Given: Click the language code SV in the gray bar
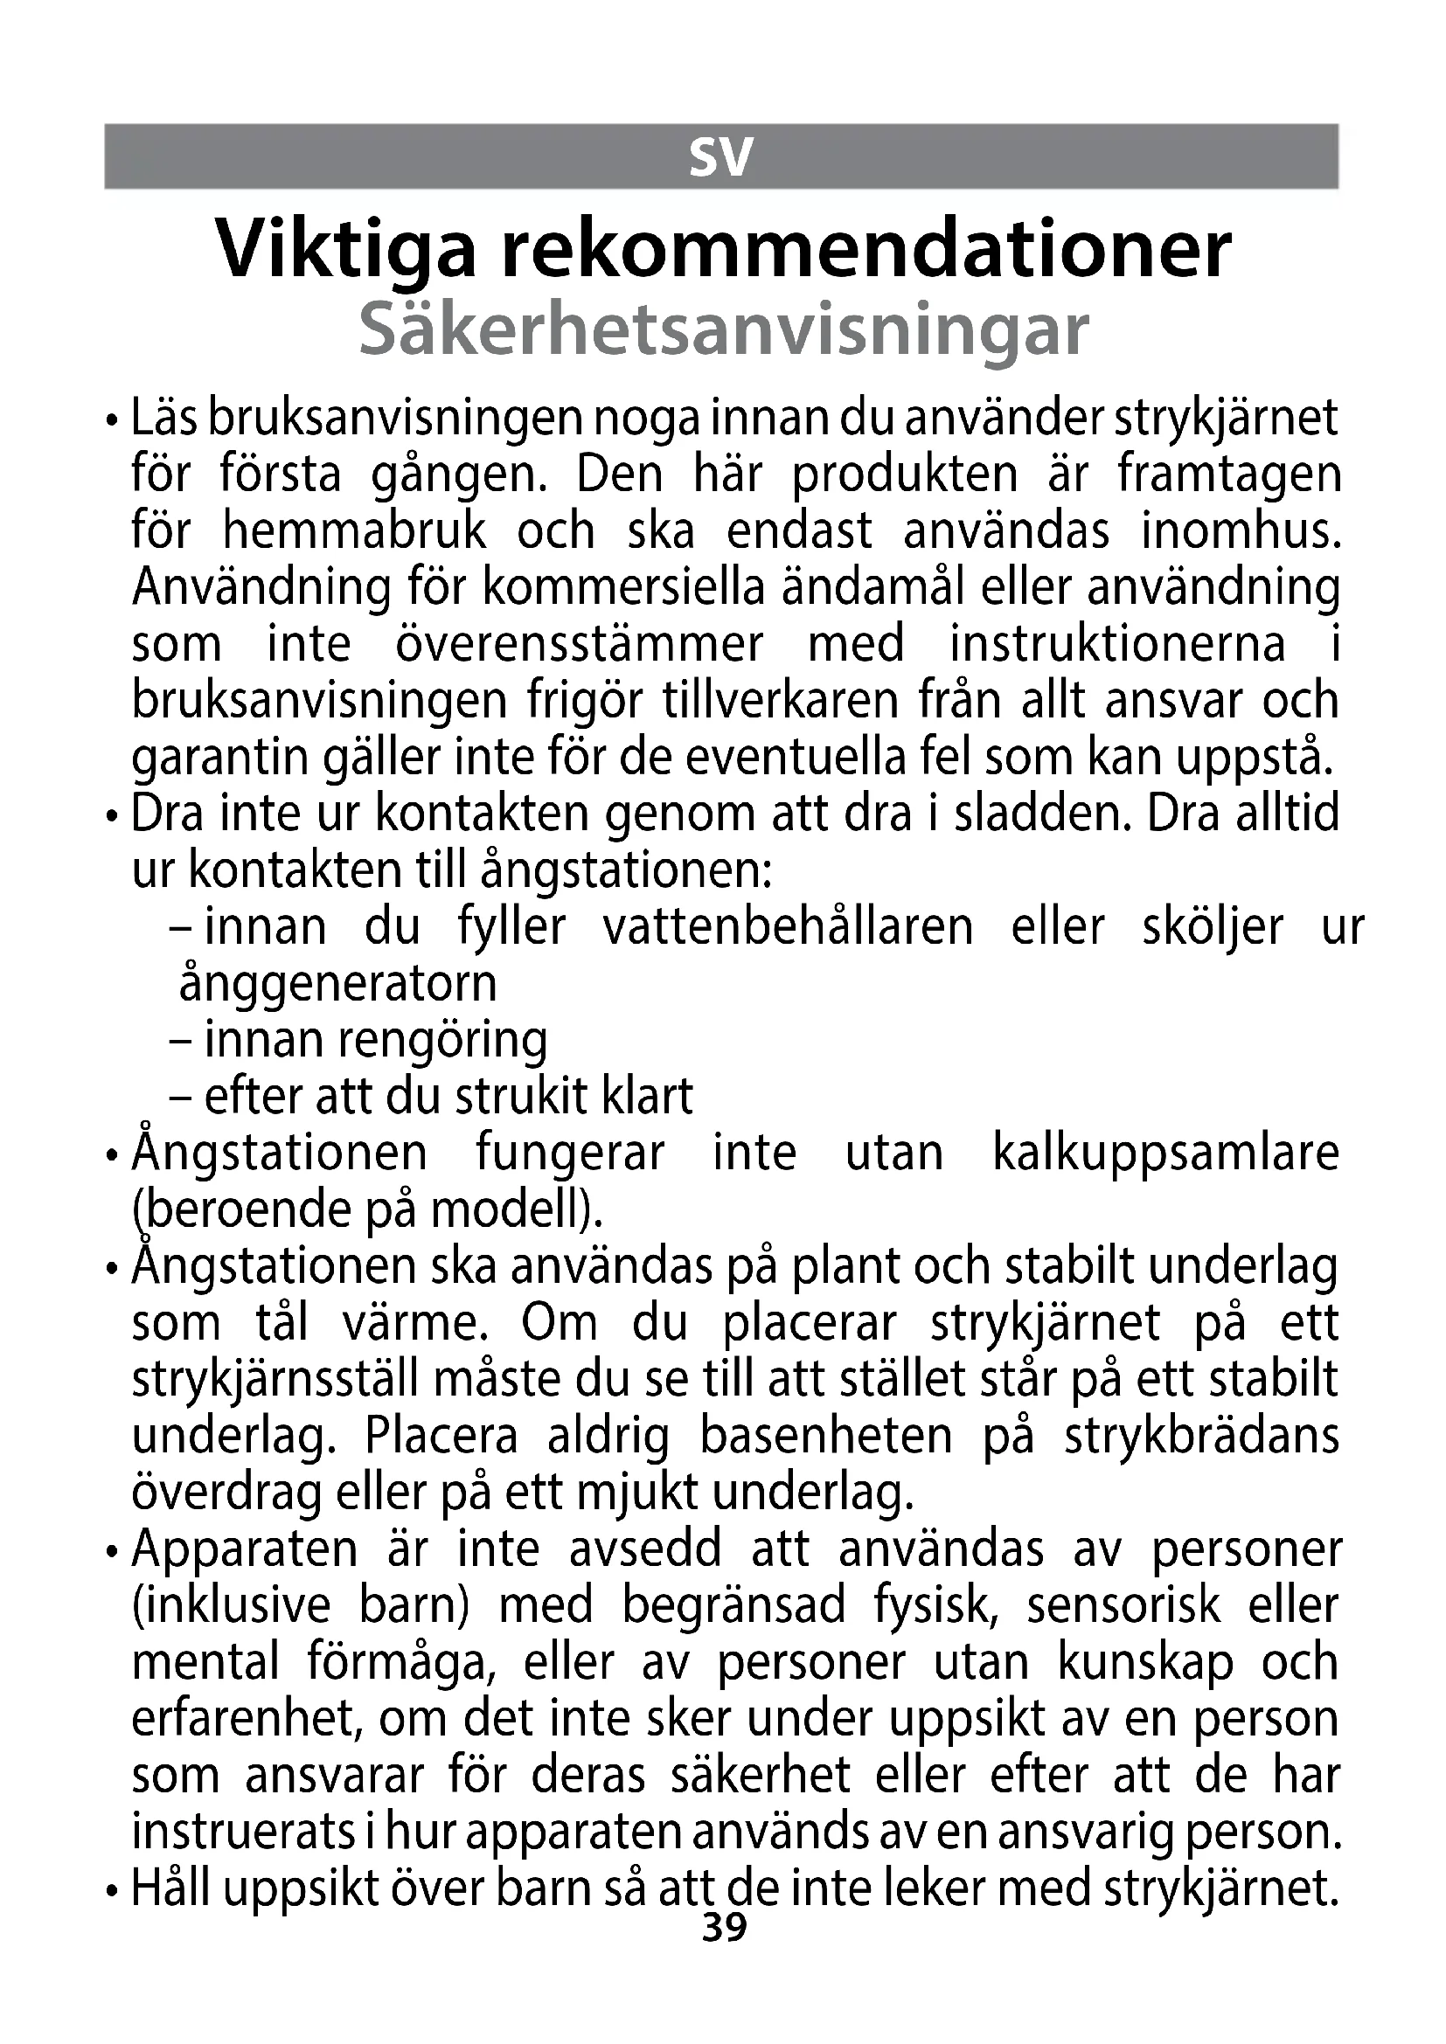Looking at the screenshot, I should [721, 157].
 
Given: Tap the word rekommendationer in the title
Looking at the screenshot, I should [866, 250].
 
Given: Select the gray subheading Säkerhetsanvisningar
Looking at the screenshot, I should [723, 330].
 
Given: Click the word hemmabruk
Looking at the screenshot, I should [354, 531].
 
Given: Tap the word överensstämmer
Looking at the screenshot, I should [579, 645].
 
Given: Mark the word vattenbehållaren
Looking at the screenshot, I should [788, 928].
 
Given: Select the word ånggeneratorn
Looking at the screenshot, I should [338, 985].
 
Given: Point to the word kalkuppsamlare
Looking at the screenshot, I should [1165, 1154].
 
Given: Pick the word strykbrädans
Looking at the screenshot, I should [1201, 1437].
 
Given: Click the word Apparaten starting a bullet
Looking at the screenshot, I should [245, 1550].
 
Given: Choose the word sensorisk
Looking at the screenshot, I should [1123, 1607].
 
